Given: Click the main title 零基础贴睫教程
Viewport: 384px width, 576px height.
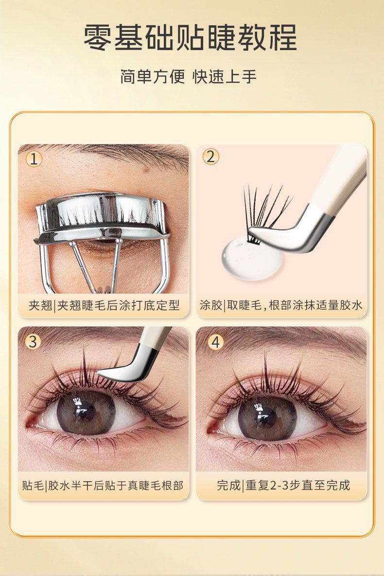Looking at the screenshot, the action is (190, 37).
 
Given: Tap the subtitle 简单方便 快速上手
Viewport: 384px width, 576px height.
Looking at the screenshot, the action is (188, 76).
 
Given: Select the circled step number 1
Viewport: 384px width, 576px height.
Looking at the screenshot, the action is (34, 159).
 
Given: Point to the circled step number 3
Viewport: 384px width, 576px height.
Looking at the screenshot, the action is (33, 342).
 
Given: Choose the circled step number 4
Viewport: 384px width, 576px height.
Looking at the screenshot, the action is (216, 342).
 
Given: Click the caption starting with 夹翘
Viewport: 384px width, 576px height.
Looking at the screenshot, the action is (104, 305).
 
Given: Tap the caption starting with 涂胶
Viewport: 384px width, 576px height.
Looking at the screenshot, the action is (281, 305).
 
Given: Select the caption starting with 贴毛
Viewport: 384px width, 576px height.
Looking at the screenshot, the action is (103, 486).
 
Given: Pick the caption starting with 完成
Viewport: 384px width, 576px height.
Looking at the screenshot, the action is (283, 486).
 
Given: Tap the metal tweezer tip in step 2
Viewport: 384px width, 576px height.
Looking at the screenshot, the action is (290, 235).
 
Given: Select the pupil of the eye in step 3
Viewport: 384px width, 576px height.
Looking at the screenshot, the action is (87, 411).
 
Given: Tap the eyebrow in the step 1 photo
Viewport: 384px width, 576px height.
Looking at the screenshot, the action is (121, 153).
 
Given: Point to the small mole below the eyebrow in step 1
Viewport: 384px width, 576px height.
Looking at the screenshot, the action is (147, 170).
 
